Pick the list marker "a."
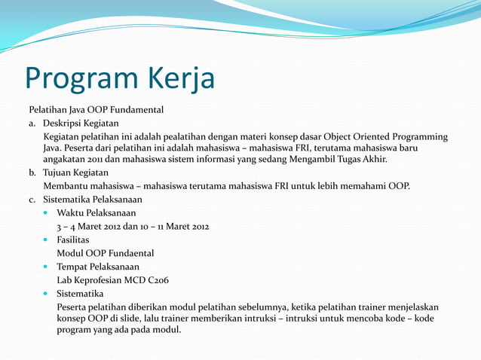point(33,124)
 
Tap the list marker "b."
point(33,172)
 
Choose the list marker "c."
point(33,200)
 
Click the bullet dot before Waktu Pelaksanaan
point(47,214)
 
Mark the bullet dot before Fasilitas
point(47,240)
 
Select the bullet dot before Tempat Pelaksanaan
point(47,267)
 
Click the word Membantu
point(68,185)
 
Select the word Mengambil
point(304,159)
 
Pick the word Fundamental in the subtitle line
point(136,110)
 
